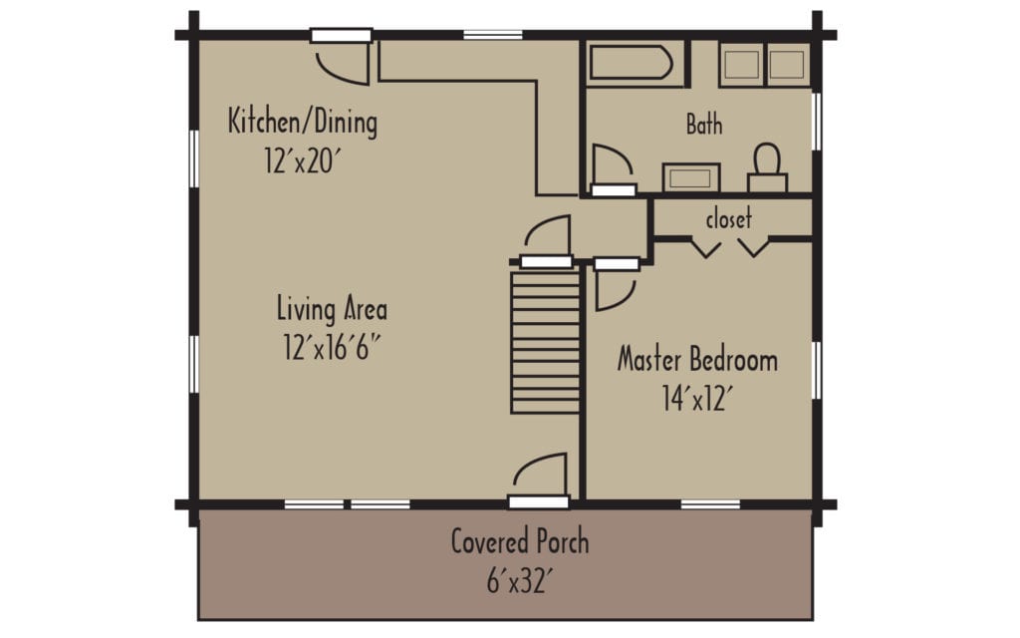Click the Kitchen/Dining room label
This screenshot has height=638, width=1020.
[x=303, y=123]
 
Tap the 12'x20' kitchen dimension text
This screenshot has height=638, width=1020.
[x=297, y=161]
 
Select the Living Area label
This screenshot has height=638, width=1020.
[x=332, y=309]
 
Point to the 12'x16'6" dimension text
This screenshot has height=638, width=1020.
[x=332, y=348]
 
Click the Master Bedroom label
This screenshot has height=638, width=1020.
[x=697, y=359]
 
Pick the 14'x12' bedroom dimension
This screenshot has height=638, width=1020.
[x=697, y=398]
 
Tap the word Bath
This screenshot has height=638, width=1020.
[x=704, y=125]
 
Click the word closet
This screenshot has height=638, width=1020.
[x=728, y=219]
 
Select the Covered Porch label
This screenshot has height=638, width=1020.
[x=519, y=542]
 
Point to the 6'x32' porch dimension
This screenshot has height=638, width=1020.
[x=519, y=580]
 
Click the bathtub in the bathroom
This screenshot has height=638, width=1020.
[x=630, y=64]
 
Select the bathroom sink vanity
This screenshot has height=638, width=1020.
[x=690, y=178]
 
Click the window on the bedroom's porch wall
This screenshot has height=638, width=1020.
[x=710, y=504]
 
